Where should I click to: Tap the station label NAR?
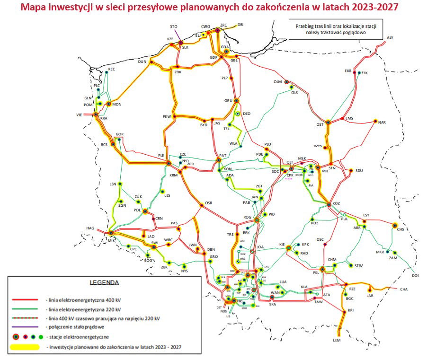[x=382, y=123]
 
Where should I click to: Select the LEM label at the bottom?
[x=337, y=340]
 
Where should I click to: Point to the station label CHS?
[x=400, y=230]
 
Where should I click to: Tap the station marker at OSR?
[x=202, y=205]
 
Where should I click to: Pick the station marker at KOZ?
[x=329, y=204]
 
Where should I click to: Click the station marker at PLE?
[x=169, y=163]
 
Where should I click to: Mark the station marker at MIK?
[x=110, y=233]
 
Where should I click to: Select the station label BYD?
[x=204, y=125]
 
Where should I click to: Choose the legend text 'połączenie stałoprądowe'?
[x=74, y=327]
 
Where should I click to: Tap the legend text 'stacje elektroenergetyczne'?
[x=78, y=336]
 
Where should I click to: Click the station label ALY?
[x=390, y=37]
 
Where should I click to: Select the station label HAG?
[x=90, y=228]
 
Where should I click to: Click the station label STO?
[x=174, y=26]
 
